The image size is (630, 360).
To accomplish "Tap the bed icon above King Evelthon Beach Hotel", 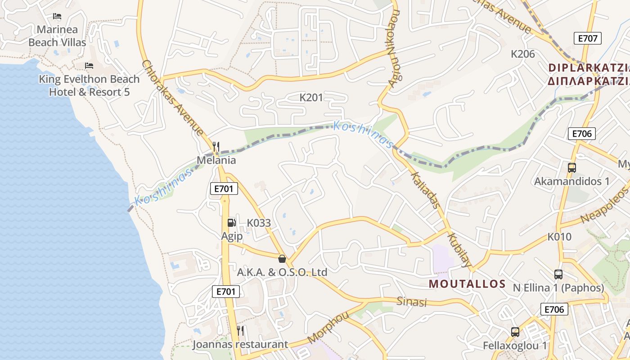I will pos(89,66).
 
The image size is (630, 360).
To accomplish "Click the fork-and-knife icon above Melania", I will pos(216,146).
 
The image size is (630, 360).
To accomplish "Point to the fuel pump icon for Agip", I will pos(231,222).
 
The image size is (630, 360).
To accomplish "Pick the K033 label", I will pos(259,223).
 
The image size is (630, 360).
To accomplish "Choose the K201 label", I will pos(311,97).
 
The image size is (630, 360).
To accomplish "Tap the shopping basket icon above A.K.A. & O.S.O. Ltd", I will pos(282,259).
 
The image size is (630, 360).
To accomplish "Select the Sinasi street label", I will pos(411,301).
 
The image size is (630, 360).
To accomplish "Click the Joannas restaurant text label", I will pos(240,345).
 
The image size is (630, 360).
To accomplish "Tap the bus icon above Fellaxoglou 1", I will pos(515,332).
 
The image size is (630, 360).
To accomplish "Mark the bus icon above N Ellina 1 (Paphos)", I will pos(558,274).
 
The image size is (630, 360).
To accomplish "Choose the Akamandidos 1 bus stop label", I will pos(571,181).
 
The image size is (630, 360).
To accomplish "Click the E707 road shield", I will pos(588,38).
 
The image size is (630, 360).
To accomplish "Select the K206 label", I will pos(523,54).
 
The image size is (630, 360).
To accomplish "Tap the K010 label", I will pos(559,237).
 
